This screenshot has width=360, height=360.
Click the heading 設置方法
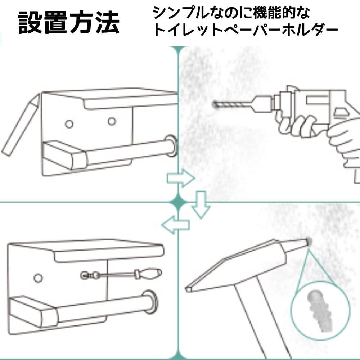[x=68, y=22]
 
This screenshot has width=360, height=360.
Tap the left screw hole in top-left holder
[x=69, y=124]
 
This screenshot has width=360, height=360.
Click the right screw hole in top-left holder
[x=112, y=121]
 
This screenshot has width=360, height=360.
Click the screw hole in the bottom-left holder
[x=37, y=278]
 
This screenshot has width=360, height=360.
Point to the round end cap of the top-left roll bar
[x=171, y=145]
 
